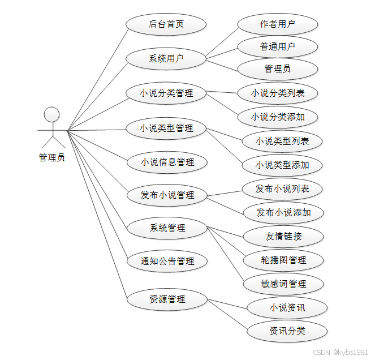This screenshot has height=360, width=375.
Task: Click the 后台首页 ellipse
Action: coord(166,25)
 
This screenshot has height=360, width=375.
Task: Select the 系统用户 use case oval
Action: coord(166,58)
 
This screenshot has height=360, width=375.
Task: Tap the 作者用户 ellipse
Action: coord(277,24)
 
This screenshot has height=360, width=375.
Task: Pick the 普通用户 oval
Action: coord(277,46)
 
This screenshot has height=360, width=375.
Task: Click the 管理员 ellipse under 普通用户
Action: coord(277,69)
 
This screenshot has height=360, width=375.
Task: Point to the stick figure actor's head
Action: coord(51,114)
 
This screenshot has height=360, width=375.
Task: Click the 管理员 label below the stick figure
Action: coord(51,158)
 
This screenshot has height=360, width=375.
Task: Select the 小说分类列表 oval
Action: coord(278,93)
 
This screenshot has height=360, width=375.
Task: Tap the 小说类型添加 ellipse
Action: coord(282,165)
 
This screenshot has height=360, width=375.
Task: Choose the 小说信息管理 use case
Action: coord(167,162)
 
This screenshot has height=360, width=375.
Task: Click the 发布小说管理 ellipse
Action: coord(167,195)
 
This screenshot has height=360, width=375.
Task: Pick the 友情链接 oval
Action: coord(283,236)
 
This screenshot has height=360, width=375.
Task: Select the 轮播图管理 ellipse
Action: coord(283,260)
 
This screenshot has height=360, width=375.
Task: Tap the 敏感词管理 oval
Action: coord(283,284)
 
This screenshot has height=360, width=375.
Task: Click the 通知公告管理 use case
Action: coord(167,262)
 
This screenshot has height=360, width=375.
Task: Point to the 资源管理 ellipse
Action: coord(167,299)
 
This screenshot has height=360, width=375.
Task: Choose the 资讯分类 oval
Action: coord(287,331)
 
